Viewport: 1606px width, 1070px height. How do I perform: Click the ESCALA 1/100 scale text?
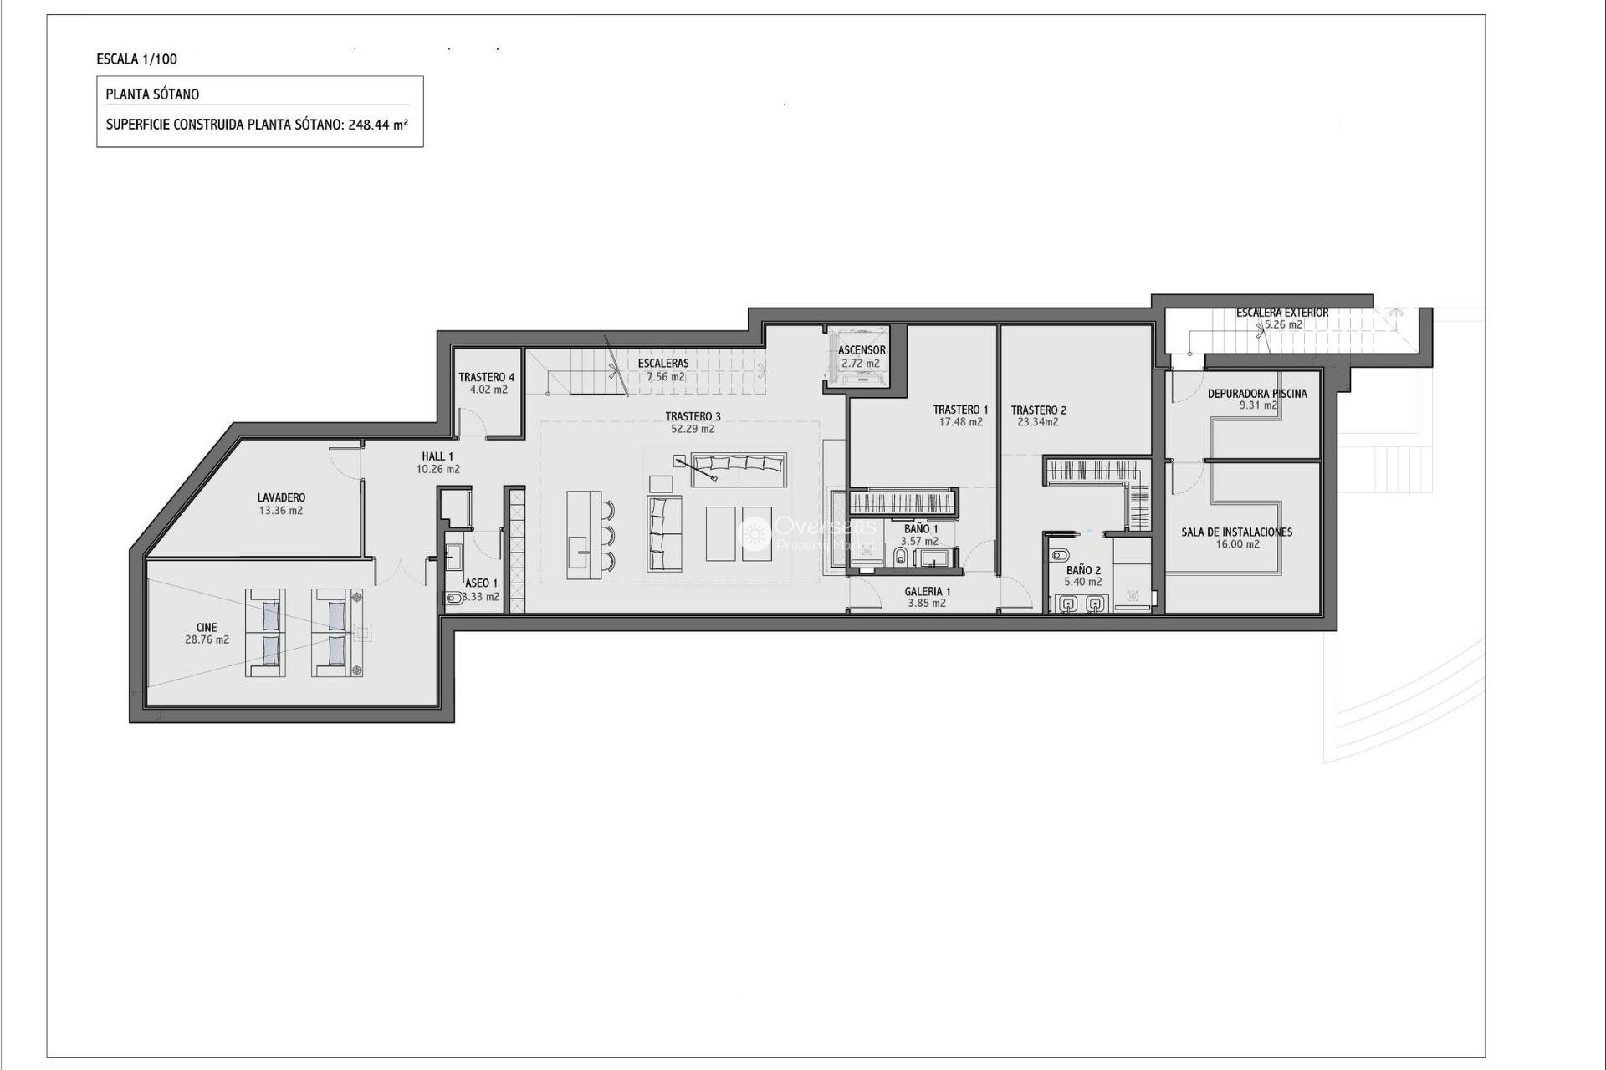tap(136, 59)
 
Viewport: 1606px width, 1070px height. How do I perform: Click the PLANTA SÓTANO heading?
tap(152, 94)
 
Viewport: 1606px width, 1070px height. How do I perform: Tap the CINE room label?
tap(207, 628)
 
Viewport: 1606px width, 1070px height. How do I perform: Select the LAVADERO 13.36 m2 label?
tap(281, 504)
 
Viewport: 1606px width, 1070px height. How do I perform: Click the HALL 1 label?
tap(437, 456)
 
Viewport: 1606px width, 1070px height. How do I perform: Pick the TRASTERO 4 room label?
tap(487, 377)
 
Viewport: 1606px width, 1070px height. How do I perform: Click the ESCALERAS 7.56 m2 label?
tap(663, 369)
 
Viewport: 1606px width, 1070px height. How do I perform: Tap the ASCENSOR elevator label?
tap(862, 350)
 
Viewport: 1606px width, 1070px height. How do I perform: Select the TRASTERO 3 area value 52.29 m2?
tap(693, 429)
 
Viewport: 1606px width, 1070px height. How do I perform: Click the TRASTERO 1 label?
tap(960, 410)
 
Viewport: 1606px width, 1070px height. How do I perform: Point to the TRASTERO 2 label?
tap(1038, 410)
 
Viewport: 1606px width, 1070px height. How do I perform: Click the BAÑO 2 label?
tap(1083, 570)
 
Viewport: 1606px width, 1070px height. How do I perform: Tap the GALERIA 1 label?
tap(927, 591)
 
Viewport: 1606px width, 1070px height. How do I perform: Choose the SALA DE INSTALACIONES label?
tap(1236, 532)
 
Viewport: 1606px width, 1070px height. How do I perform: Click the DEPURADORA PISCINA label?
tap(1257, 394)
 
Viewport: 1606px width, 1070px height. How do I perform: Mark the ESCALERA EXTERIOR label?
tap(1282, 313)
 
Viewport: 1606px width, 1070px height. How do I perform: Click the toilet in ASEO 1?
tap(453, 598)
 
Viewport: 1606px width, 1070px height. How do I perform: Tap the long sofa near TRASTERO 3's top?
tap(739, 471)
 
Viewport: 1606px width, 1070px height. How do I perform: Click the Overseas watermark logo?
tap(756, 533)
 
